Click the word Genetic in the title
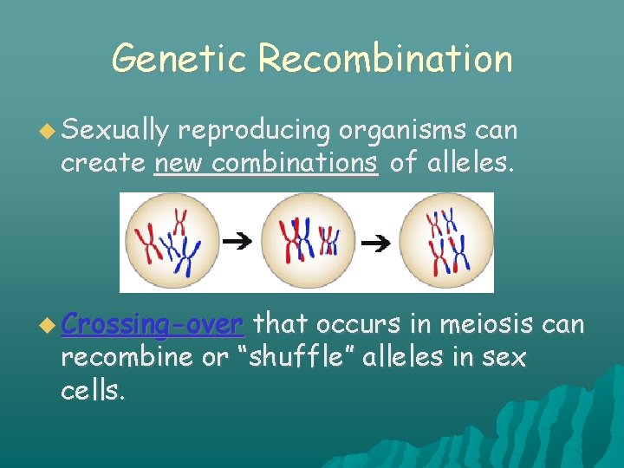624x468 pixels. click(x=180, y=60)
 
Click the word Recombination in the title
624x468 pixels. click(x=386, y=60)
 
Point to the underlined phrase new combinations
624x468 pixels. click(x=266, y=163)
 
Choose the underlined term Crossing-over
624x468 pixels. click(x=153, y=325)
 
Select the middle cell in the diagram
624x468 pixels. click(x=308, y=240)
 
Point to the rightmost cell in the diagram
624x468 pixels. click(x=445, y=240)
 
